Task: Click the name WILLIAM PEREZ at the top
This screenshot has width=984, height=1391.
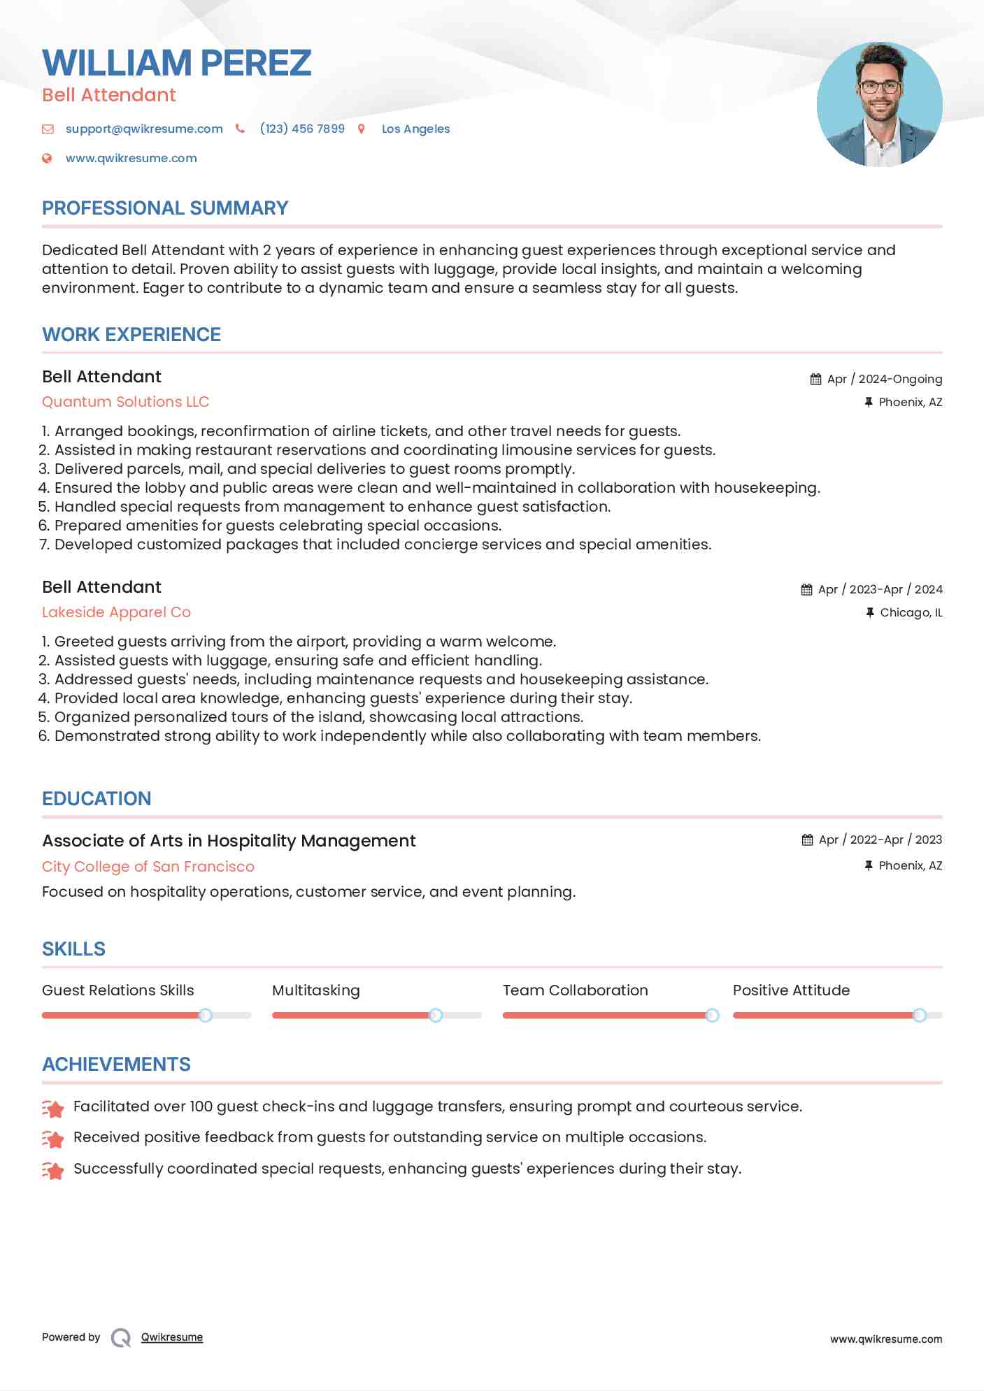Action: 176,63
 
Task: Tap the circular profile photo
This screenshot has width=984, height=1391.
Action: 879,105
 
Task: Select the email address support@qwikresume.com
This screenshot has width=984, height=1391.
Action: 144,129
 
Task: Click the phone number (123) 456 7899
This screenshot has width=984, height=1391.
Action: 302,129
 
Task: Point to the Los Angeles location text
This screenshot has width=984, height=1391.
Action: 415,129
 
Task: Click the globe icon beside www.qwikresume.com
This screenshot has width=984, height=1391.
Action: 47,158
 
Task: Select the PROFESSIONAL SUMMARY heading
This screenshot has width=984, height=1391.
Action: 165,208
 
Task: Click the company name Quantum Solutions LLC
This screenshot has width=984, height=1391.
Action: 125,402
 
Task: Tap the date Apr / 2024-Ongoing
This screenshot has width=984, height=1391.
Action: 884,379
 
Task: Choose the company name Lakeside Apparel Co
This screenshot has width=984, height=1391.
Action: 116,612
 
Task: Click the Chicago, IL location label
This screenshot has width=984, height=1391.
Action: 911,612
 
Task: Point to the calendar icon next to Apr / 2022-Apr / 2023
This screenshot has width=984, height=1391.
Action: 807,839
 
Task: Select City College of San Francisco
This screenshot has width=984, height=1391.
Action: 148,867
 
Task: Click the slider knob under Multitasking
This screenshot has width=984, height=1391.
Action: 435,1015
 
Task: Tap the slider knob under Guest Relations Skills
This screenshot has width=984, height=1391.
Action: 205,1015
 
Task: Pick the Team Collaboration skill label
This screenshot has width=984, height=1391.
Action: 575,990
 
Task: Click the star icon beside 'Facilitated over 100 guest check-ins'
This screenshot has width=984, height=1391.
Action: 53,1108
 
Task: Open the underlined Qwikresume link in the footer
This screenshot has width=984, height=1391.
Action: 172,1337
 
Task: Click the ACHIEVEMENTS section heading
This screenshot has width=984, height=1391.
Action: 116,1065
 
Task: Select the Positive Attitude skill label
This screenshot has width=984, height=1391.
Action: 791,990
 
